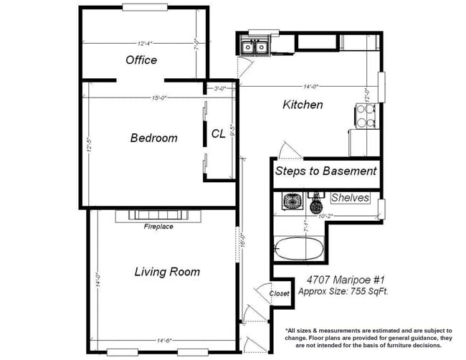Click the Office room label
pos(141,60)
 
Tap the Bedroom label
pos(153,138)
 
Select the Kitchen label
pos(303,105)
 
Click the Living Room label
pos(167,272)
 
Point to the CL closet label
pos(219,133)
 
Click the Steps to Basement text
pos(325,171)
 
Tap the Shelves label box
pos(351,198)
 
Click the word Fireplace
pos(158,227)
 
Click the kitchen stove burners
pos(366,116)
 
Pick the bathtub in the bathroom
pos(298,249)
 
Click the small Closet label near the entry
pos(279,293)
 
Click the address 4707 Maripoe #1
pos(336,280)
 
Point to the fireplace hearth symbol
pos(158,214)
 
